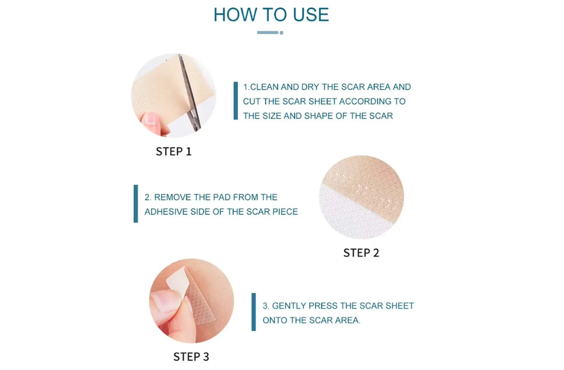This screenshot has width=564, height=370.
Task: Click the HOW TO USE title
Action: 271,15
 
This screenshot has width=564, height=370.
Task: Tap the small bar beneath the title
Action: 269,32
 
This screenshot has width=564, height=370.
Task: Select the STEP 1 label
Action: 173,152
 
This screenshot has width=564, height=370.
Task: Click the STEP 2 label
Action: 361,253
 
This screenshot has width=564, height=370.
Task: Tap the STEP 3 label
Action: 191,357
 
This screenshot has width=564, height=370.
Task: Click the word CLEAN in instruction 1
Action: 264,87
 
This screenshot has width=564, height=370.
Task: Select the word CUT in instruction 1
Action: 252,101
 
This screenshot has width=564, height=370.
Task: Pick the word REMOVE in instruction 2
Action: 173,197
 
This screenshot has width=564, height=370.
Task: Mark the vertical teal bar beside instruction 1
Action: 236,101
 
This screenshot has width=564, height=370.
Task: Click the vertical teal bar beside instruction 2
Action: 136,204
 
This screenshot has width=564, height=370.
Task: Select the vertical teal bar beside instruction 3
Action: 254,312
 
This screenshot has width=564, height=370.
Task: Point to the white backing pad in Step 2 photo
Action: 348,215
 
